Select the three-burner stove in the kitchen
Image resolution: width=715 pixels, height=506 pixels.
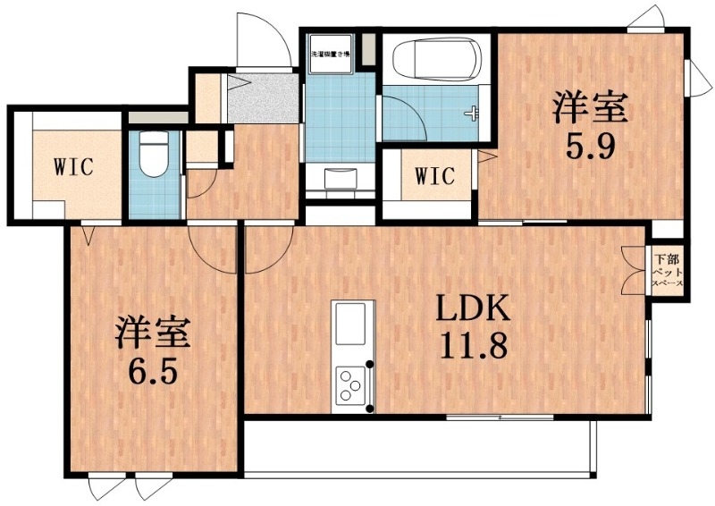click(354, 386)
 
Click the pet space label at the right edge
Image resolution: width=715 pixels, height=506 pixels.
click(667, 268)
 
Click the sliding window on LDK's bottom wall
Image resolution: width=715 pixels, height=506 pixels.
click(500, 417)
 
